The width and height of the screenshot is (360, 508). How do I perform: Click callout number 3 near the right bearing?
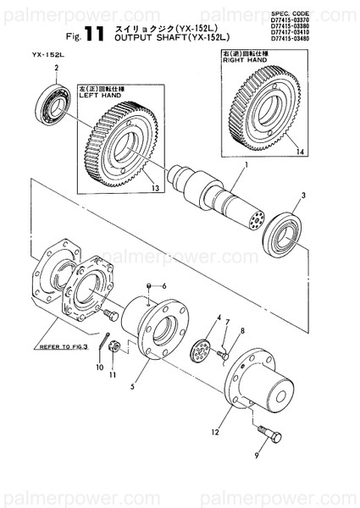pos(303,196)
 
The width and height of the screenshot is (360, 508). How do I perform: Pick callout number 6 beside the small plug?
pos(163,284)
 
